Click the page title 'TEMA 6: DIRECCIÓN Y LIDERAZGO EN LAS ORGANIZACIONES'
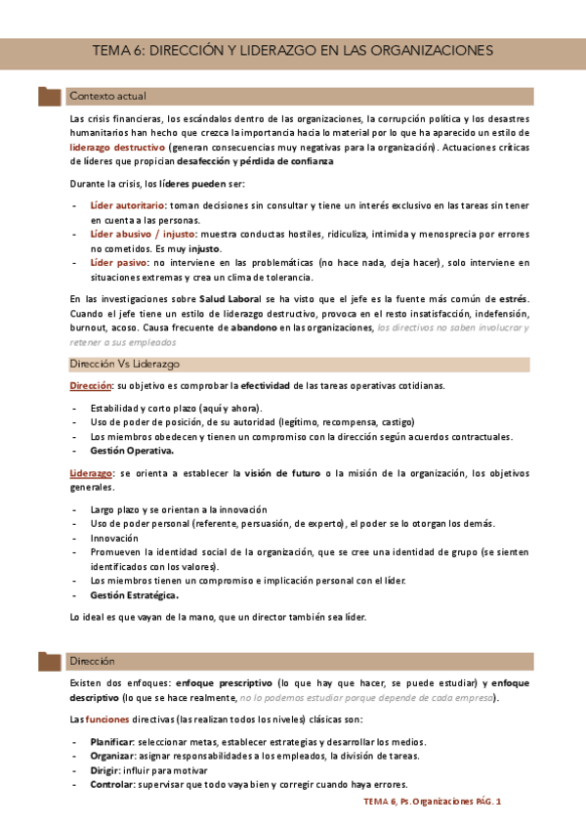click(293, 50)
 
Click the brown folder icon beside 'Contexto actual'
click(49, 97)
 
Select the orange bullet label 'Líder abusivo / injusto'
click(143, 235)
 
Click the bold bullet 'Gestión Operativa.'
click(132, 451)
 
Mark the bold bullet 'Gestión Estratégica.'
click(135, 595)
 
